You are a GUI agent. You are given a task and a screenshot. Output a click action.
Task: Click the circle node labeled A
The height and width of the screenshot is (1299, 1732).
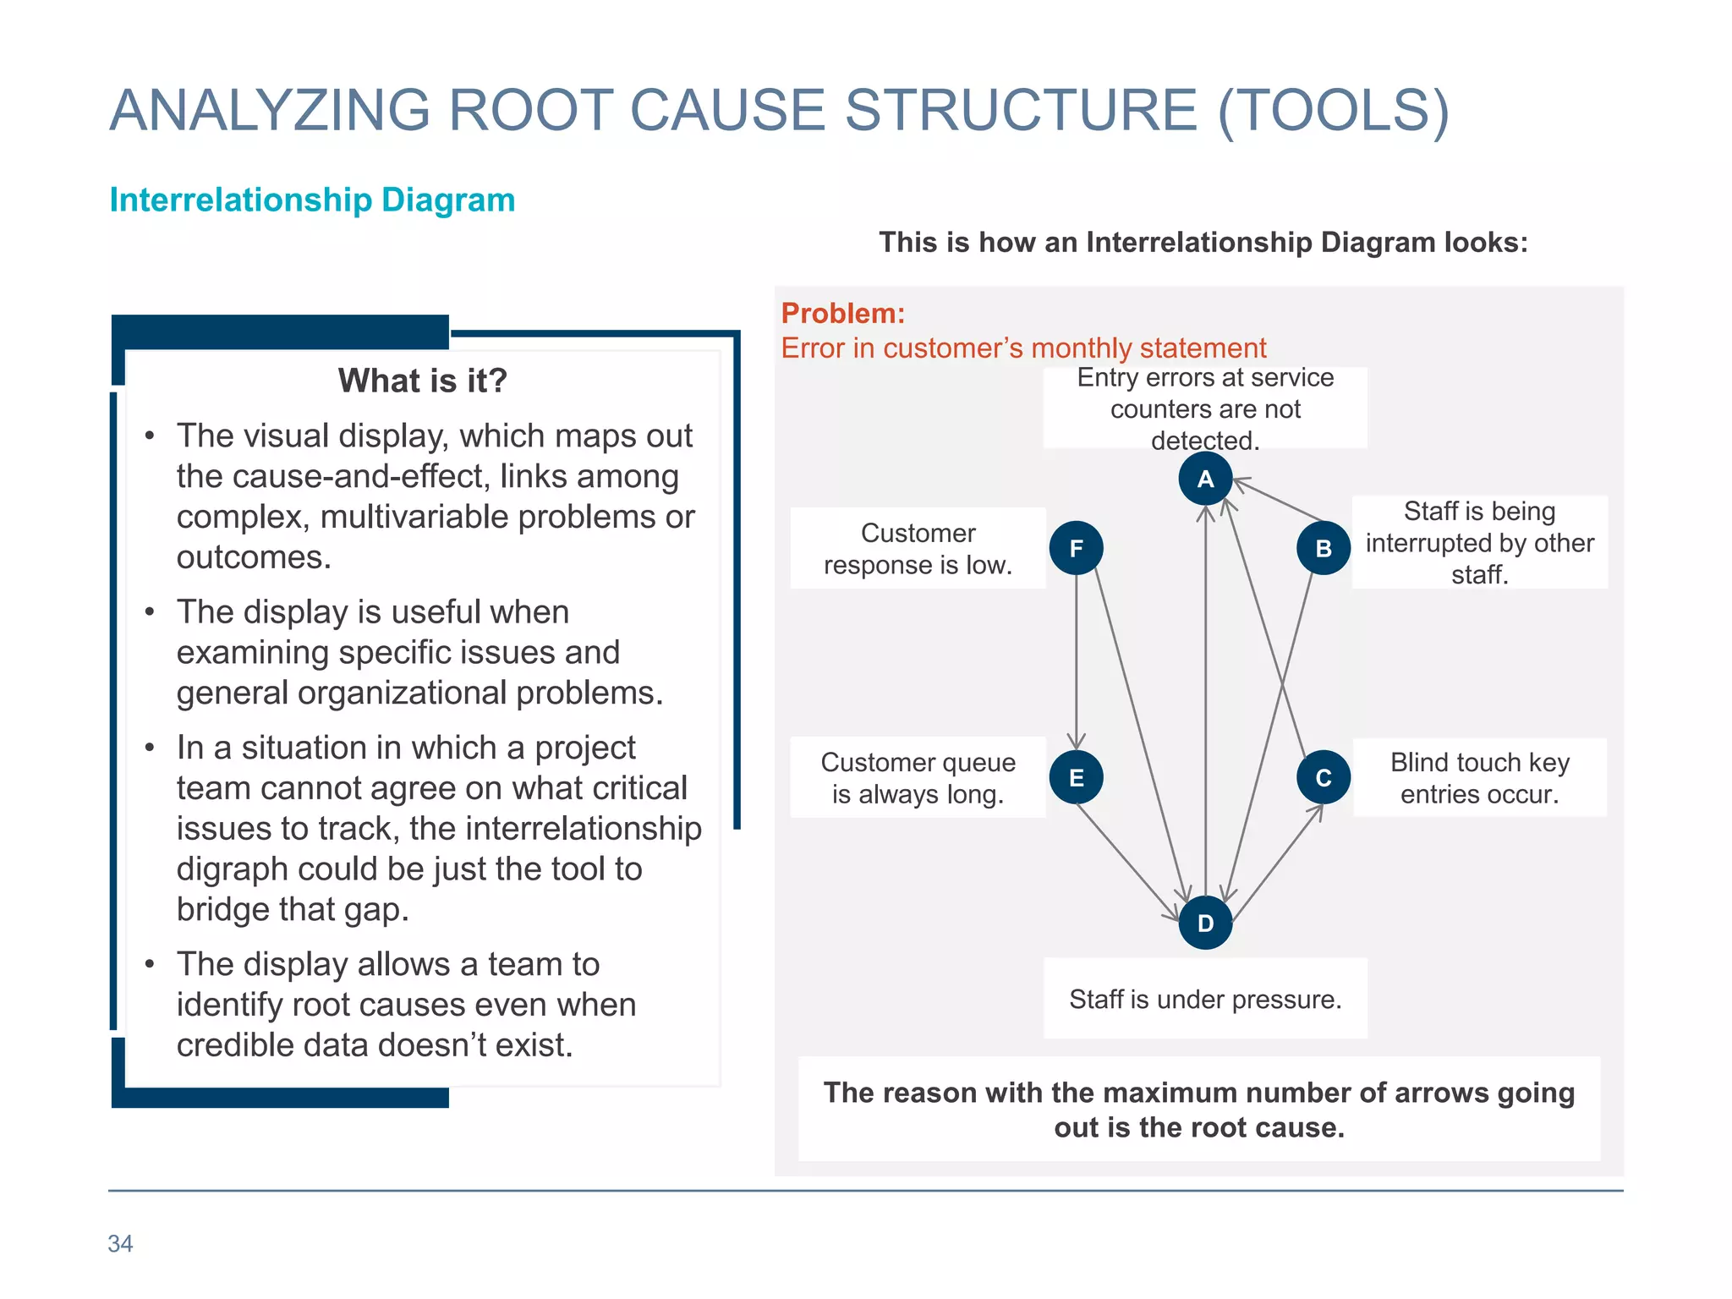[1205, 479]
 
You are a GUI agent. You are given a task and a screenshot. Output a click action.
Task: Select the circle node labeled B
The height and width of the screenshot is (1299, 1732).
[1324, 548]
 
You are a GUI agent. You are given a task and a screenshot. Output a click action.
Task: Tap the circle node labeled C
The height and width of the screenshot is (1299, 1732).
[1324, 777]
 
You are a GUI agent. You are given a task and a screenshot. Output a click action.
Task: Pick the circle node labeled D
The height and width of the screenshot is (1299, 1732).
[1205, 923]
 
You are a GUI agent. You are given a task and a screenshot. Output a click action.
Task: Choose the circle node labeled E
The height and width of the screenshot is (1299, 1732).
[1076, 777]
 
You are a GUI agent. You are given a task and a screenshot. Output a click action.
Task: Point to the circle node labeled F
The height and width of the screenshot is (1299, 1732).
[1076, 548]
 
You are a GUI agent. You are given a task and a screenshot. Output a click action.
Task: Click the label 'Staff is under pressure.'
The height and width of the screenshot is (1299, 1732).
[1205, 1000]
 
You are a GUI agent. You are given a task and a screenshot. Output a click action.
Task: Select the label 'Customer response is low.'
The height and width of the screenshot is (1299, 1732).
[918, 549]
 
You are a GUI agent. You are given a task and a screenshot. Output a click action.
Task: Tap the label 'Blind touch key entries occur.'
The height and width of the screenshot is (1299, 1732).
[1479, 778]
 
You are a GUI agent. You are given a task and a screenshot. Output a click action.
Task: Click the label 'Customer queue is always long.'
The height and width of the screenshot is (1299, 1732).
[918, 778]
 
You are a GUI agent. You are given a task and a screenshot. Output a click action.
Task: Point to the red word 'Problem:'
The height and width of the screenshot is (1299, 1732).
[842, 314]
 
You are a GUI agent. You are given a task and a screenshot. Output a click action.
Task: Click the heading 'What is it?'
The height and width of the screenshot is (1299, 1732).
[422, 381]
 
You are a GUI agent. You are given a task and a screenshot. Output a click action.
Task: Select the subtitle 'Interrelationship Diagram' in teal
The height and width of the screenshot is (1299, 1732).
[312, 200]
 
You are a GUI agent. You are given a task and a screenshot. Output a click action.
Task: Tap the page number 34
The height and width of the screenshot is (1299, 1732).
[120, 1243]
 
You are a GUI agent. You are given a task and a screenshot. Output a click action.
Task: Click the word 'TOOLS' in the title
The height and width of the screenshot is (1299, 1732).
[1333, 111]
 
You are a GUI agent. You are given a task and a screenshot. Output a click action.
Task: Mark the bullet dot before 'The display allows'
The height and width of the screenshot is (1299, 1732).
[150, 965]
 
